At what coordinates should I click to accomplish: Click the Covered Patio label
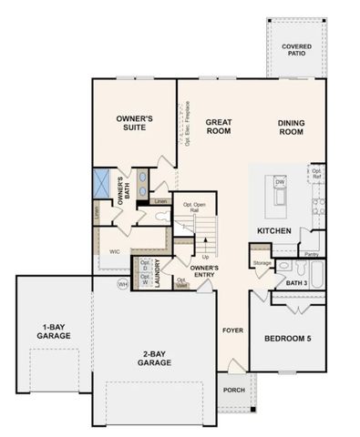[x=293, y=49]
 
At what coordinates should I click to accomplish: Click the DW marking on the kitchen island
[x=280, y=183]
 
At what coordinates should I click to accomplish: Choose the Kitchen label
[x=273, y=230]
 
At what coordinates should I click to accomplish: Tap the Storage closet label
[x=262, y=263]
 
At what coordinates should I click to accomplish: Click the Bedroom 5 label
[x=287, y=339]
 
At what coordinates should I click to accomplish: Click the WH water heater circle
[x=122, y=285]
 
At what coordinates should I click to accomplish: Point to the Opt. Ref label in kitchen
[x=317, y=172]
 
